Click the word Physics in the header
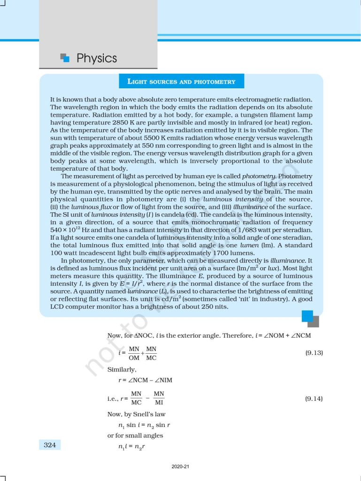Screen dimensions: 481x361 (x=96, y=58)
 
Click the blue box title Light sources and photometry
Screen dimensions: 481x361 (x=181, y=81)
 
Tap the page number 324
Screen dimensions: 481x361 (x=49, y=445)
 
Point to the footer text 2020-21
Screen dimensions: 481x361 (x=180, y=467)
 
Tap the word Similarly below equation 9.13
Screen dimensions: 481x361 (x=122, y=369)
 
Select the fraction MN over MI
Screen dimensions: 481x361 (x=159, y=398)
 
